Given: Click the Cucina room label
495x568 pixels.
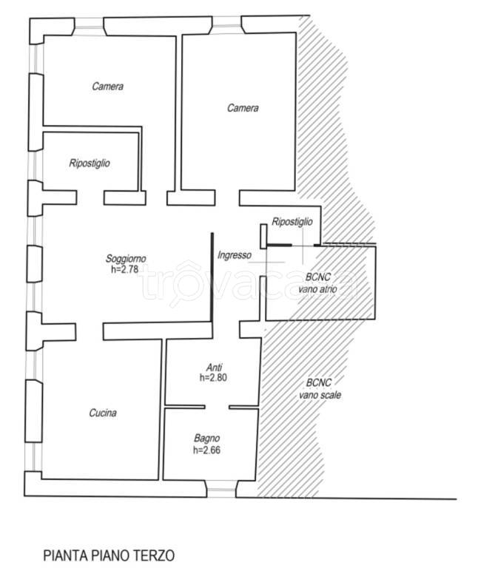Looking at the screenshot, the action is [x=103, y=413].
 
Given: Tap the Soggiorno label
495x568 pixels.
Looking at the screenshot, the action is [x=126, y=259].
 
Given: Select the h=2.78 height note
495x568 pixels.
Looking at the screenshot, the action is [x=124, y=269].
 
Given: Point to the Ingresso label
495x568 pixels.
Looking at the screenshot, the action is [x=235, y=255].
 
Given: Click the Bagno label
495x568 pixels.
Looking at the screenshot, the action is [x=207, y=439].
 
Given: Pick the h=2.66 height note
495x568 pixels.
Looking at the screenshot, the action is [x=207, y=450].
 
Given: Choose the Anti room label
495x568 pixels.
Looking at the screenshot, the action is [x=214, y=368].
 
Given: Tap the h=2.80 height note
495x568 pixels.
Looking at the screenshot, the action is [x=213, y=377].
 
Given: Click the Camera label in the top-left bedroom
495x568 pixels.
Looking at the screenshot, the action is [x=107, y=87].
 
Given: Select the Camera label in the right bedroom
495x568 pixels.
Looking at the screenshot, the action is [x=243, y=108].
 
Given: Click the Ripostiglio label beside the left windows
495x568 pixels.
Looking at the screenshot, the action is [x=90, y=163].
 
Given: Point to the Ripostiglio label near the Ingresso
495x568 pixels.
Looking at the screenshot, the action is [x=292, y=222].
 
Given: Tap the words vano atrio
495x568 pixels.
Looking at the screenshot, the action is [x=317, y=289].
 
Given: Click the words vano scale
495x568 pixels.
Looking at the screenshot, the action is [x=320, y=395].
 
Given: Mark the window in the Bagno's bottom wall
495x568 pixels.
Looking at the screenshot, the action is [x=221, y=489].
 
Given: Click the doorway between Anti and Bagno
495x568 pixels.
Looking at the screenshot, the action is [x=217, y=408].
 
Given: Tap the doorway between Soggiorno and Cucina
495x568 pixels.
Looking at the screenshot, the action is [x=90, y=332].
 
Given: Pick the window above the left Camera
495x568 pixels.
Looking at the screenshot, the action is [x=89, y=27].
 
